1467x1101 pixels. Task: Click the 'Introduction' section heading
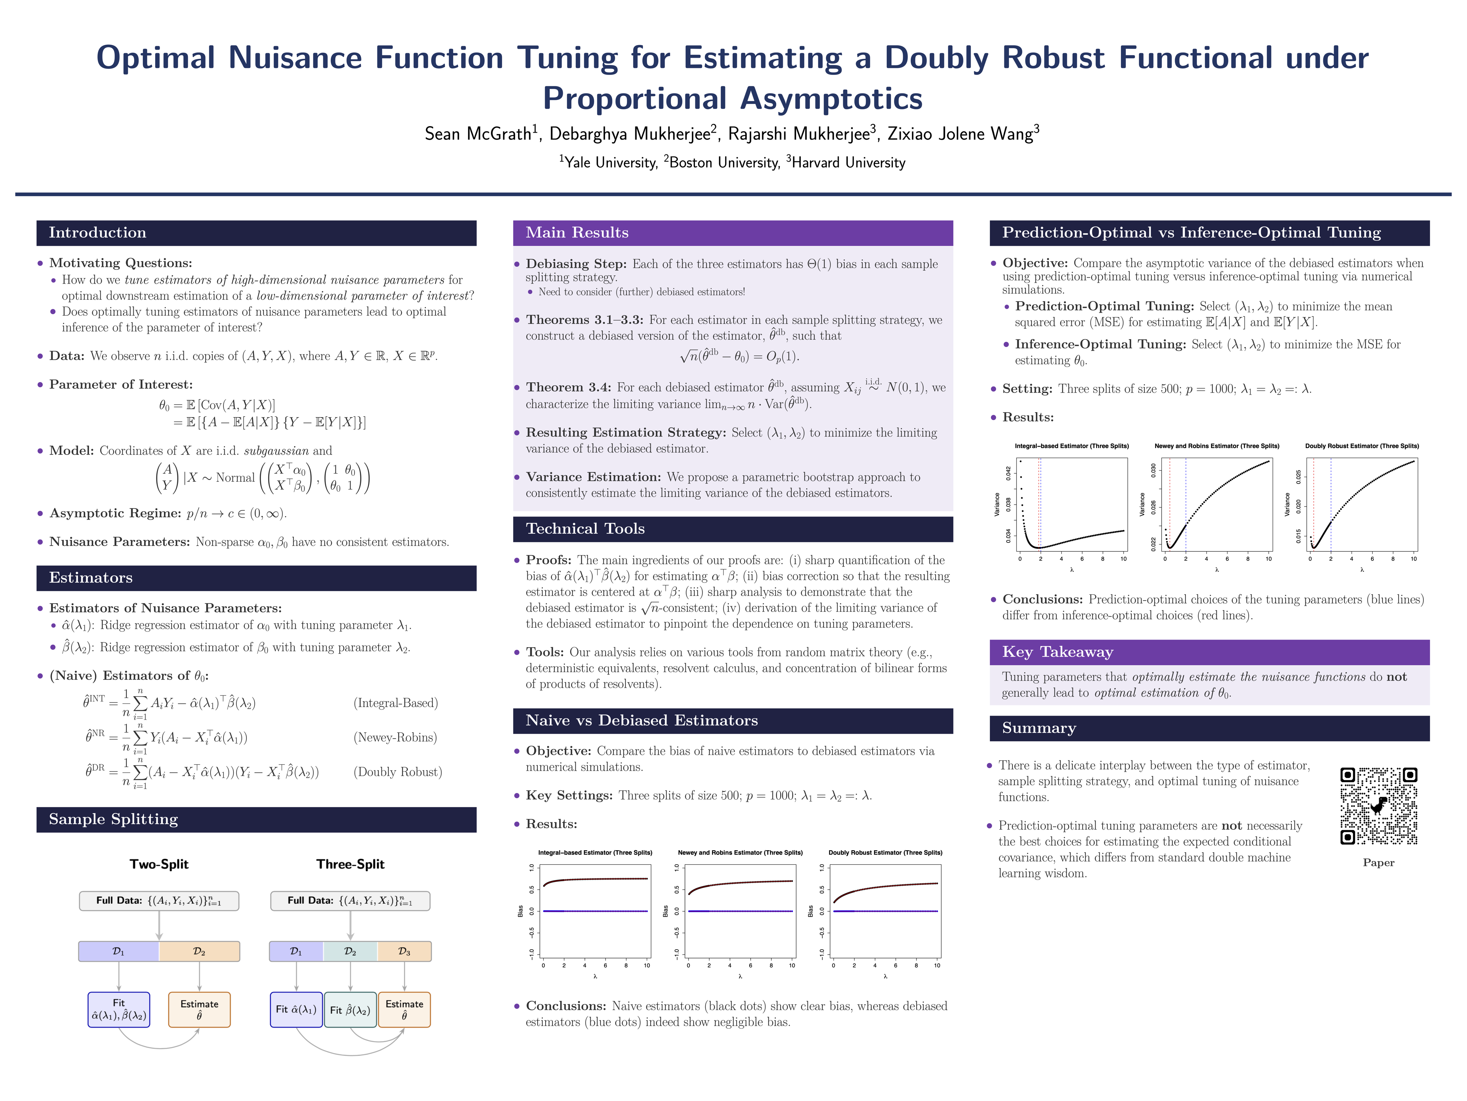click(97, 233)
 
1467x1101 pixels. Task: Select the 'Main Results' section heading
click(577, 233)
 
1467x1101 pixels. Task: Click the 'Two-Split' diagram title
click(159, 864)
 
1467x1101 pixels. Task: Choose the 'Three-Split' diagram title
click(350, 864)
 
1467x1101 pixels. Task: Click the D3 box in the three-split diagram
click(404, 952)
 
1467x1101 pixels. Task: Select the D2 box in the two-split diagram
click(199, 952)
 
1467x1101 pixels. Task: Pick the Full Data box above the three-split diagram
click(350, 901)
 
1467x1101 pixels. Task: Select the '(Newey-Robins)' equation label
click(395, 737)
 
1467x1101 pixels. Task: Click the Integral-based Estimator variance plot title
click(1071, 446)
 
